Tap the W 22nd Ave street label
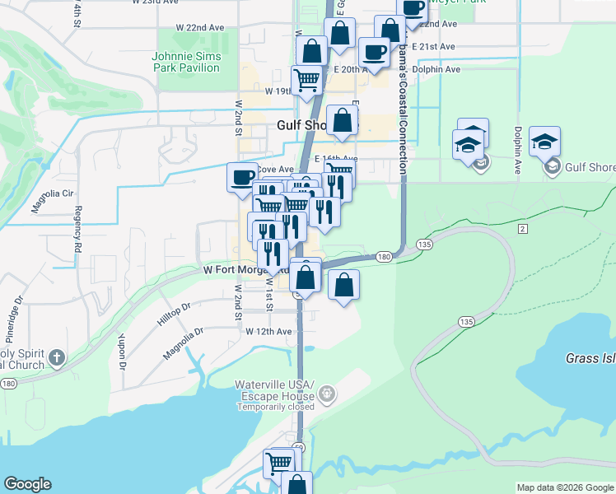[x=200, y=27]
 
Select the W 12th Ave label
[x=269, y=331]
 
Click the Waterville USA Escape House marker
[x=328, y=394]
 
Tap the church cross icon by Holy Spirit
[x=56, y=357]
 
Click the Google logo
[x=27, y=484]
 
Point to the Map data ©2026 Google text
[x=565, y=487]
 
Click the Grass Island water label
[x=590, y=358]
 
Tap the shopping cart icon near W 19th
[x=307, y=81]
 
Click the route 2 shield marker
[x=522, y=226]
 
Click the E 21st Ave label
[x=433, y=47]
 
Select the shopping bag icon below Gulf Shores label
[x=343, y=121]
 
